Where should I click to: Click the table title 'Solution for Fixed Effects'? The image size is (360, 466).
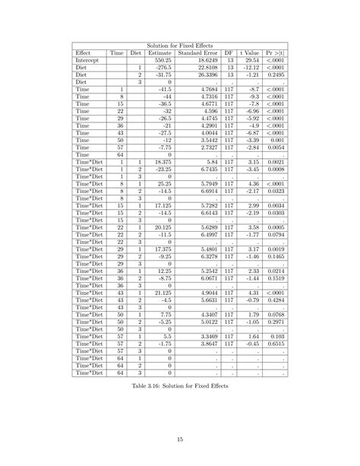coord(180,47)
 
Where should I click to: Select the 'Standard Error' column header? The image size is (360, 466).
coord(199,54)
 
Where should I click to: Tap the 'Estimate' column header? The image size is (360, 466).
coord(159,54)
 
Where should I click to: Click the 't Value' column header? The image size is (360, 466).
coord(251,54)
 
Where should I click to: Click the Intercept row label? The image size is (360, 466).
coord(88,61)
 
